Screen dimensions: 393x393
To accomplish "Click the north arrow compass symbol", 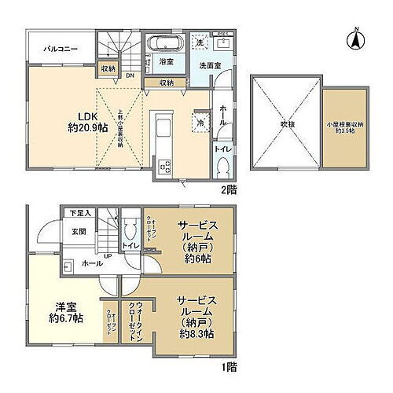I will point(354,37).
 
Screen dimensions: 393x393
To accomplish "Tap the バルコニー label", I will point(59,49).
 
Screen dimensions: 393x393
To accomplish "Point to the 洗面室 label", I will point(210,66).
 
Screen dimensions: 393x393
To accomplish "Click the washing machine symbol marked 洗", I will point(200,42).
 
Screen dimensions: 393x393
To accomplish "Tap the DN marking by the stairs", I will point(129,75).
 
